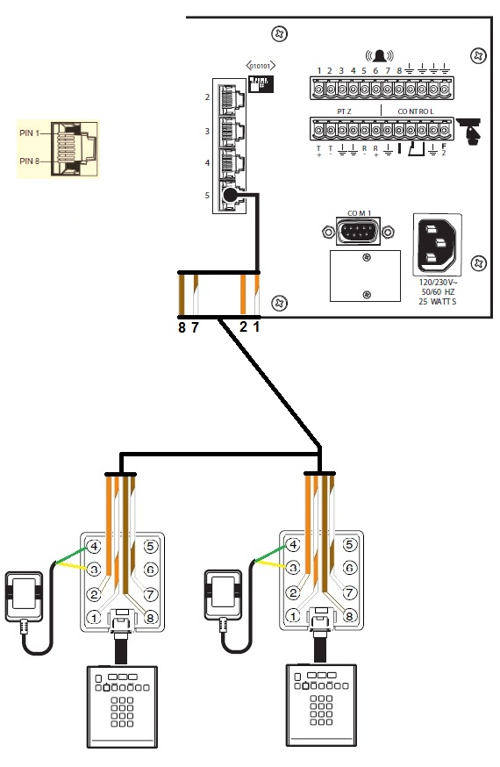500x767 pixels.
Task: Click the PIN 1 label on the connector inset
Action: [31, 132]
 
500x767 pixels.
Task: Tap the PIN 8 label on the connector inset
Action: [31, 161]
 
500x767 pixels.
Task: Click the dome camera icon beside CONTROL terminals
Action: [472, 130]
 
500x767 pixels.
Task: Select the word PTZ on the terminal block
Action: [344, 111]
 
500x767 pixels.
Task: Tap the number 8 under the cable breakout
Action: [182, 327]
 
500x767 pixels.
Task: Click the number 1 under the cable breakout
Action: [257, 327]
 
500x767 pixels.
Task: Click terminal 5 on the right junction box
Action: [347, 546]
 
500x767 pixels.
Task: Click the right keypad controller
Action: [322, 705]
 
